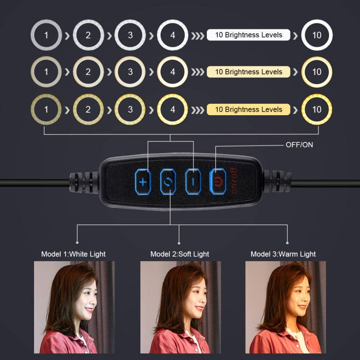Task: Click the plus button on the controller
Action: click(x=143, y=182)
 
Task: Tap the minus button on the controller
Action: click(x=193, y=182)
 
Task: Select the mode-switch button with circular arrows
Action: click(x=168, y=182)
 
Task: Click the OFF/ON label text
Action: click(x=299, y=145)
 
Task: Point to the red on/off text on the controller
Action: click(x=234, y=180)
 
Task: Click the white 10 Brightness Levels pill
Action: click(x=249, y=35)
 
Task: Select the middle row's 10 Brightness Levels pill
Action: click(x=249, y=72)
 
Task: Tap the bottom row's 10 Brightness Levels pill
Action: click(x=249, y=109)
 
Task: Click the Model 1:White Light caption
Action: click(x=73, y=254)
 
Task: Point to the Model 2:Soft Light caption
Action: click(x=180, y=254)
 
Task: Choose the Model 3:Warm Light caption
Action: click(x=283, y=254)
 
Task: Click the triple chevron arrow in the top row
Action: click(x=198, y=36)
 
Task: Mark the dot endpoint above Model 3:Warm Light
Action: click(x=287, y=243)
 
